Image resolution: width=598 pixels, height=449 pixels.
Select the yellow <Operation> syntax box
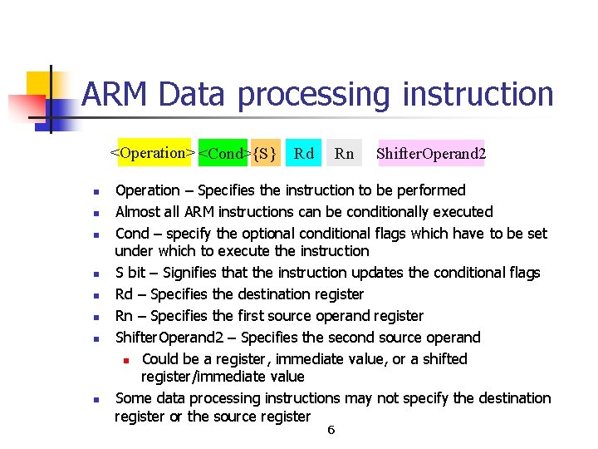154,153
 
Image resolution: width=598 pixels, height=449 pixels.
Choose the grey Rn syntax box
344,153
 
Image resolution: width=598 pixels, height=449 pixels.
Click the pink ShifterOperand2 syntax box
431,153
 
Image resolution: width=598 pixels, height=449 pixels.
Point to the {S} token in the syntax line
265,153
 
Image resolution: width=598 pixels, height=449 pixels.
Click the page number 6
331,430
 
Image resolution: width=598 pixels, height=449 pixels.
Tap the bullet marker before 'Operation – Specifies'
96,191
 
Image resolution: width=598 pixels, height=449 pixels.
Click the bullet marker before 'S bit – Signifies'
96,274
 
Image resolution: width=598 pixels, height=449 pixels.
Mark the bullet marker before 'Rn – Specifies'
96,317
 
